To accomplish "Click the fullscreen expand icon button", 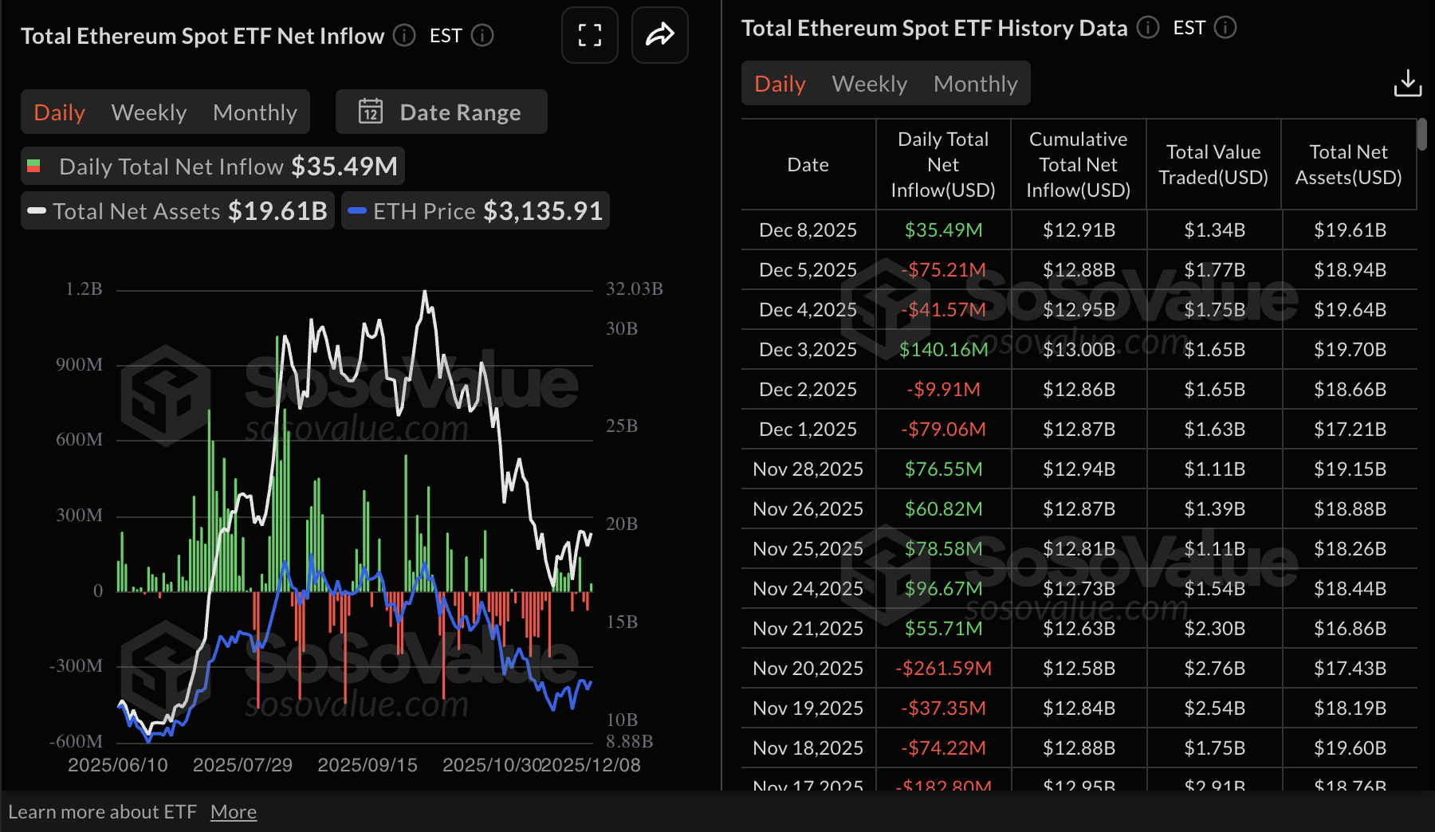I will (x=589, y=35).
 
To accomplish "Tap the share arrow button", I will (x=659, y=35).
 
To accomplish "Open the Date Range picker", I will (x=442, y=112).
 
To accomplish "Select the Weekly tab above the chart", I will (x=149, y=112).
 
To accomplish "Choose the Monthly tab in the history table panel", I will (x=975, y=84).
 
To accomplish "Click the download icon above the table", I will (x=1407, y=83).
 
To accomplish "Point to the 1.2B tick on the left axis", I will (x=84, y=288).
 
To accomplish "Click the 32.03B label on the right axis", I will (x=634, y=288).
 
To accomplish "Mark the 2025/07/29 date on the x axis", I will (x=242, y=765).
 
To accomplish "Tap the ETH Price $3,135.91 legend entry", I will (x=476, y=211).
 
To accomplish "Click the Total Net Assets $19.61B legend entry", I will (x=178, y=211).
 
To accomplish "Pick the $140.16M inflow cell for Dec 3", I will (x=943, y=349).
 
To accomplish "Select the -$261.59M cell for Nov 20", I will (x=943, y=668).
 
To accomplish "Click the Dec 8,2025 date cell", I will (x=808, y=230).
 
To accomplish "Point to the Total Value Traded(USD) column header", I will (x=1213, y=164).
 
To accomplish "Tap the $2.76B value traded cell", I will (x=1213, y=668).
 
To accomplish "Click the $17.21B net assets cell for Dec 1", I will (x=1349, y=429).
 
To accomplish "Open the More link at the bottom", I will (x=233, y=812).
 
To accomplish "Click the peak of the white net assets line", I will (x=425, y=292).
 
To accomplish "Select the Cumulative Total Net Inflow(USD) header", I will (x=1078, y=164).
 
